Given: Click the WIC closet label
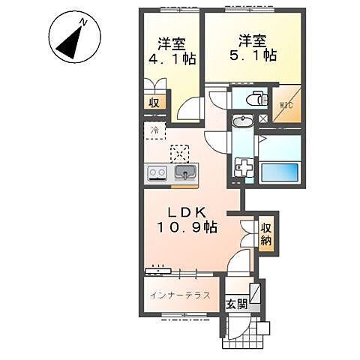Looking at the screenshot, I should click(x=287, y=105).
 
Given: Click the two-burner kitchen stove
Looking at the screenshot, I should click(x=158, y=173).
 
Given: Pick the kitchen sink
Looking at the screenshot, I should click(x=184, y=174).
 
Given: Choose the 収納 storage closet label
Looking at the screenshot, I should click(x=267, y=233).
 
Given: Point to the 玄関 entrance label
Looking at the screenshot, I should click(x=235, y=304).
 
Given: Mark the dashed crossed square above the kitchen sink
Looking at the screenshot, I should click(x=181, y=152).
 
